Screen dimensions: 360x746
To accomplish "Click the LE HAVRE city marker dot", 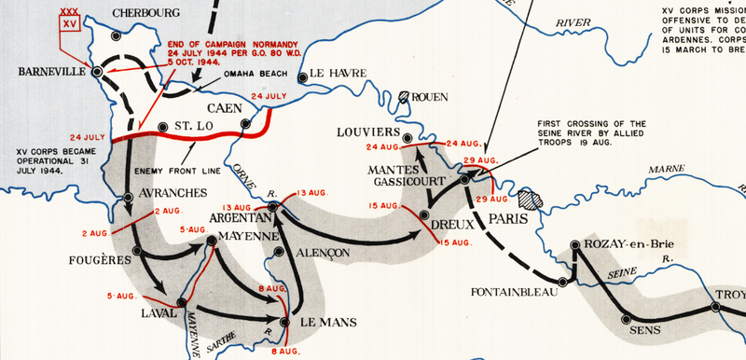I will (x=300, y=78).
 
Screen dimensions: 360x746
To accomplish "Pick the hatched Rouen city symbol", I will (x=404, y=95).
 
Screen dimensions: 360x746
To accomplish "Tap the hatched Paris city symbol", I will (x=531, y=199).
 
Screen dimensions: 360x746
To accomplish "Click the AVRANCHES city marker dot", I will (x=128, y=197).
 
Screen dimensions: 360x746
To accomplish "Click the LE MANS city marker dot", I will (x=285, y=321).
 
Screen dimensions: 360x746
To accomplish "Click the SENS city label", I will (x=644, y=329).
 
